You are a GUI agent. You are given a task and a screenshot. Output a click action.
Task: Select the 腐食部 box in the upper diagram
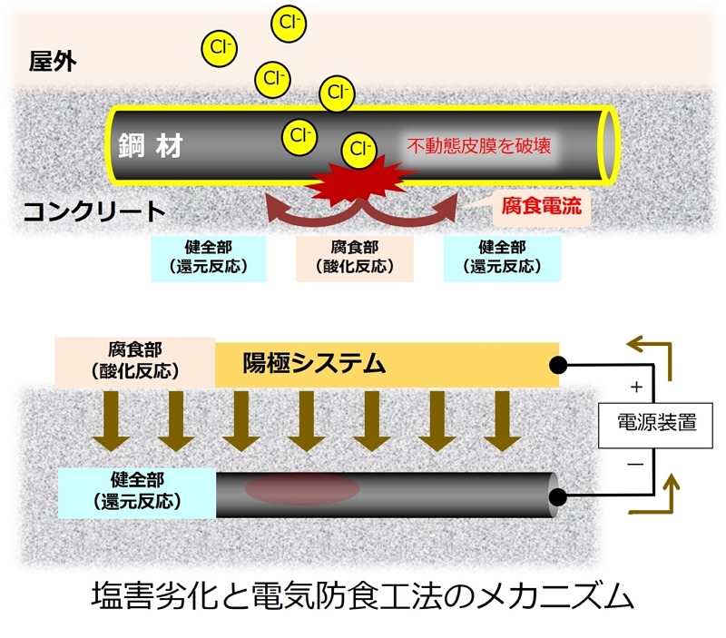point(356,257)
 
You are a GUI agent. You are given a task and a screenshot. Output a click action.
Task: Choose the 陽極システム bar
point(387,365)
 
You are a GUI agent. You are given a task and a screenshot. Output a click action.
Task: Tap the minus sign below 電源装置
point(635,463)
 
